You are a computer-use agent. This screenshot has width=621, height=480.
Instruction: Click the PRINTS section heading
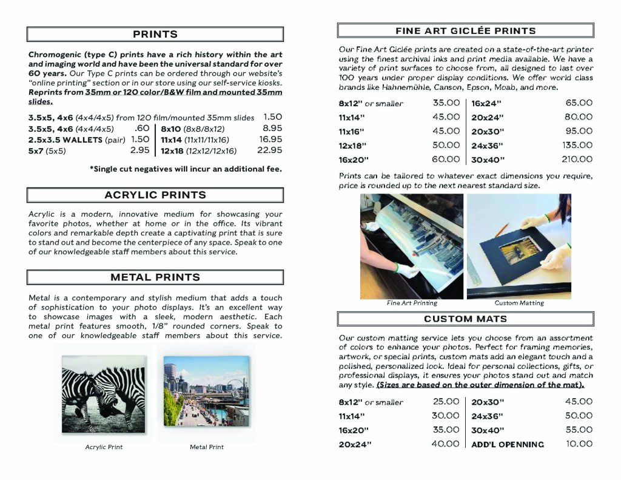point(155,35)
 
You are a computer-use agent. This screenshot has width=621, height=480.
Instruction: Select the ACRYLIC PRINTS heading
point(155,195)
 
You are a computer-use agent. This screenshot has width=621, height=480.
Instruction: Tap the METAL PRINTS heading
point(155,277)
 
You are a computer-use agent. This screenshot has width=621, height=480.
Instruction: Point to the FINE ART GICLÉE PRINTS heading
point(465,30)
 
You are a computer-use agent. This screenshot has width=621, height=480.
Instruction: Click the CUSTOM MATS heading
point(465,319)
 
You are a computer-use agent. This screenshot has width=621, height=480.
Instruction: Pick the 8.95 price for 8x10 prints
point(272,128)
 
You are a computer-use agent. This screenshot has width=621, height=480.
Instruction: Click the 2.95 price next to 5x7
point(139,150)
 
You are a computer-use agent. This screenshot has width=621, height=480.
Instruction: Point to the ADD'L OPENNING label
point(508,444)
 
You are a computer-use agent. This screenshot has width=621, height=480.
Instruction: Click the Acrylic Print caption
point(103,447)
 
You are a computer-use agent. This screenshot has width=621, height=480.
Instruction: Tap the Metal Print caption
point(207,447)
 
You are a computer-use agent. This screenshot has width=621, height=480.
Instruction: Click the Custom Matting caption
point(519,303)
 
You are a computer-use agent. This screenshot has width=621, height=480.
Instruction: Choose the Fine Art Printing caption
point(412,303)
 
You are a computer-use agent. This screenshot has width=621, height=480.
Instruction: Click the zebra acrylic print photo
point(103,391)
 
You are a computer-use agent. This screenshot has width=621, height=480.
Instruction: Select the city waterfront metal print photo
point(206,391)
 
